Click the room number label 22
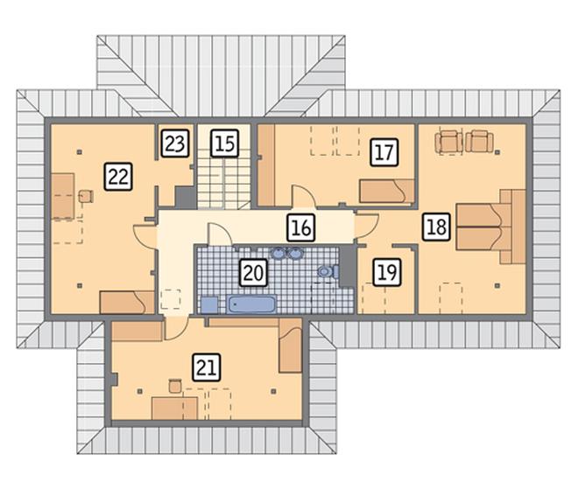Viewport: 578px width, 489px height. [118, 177]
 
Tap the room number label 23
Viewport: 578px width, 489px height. [175, 143]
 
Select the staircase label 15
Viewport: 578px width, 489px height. [225, 143]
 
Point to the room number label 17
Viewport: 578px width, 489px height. [384, 152]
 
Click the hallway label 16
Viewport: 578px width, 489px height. [300, 227]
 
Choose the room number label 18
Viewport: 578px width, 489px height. [436, 227]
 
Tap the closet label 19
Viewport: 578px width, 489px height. [387, 272]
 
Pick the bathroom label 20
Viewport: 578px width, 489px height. [253, 273]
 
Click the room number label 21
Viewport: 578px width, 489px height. [207, 367]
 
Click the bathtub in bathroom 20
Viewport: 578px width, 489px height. [251, 304]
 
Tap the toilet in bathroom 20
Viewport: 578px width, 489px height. [328, 272]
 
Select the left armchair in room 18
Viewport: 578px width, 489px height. [448, 142]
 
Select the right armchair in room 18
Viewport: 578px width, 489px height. [479, 142]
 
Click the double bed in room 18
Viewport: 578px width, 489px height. [490, 227]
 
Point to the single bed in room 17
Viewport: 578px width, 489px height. [387, 191]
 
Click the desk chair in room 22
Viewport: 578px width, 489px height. [86, 196]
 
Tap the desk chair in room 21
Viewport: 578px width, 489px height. [175, 386]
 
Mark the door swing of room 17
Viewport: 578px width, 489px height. [304, 197]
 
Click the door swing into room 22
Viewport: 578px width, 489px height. [145, 236]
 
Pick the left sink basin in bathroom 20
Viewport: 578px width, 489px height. [278, 254]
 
